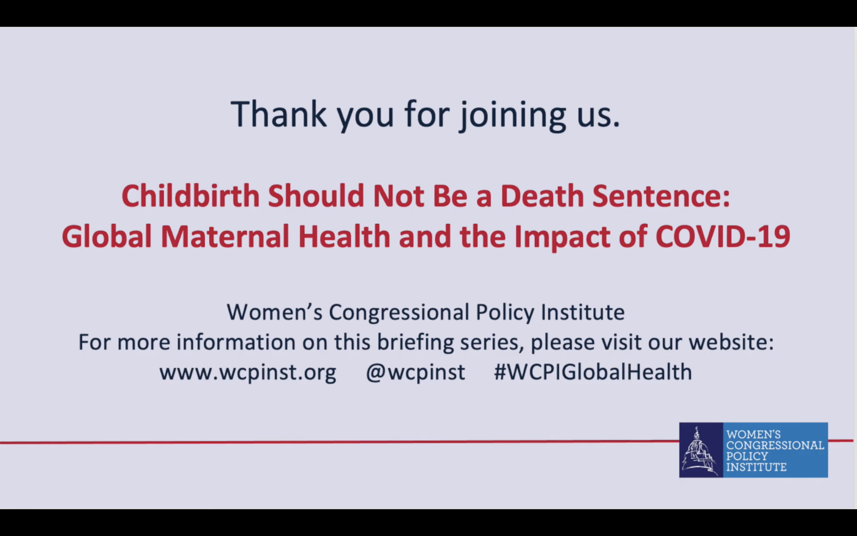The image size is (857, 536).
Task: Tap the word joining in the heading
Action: coord(513,115)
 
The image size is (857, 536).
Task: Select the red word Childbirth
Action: coord(190,196)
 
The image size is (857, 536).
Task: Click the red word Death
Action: coord(542,196)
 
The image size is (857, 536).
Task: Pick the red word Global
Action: coord(107,236)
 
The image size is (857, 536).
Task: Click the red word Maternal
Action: coord(225,236)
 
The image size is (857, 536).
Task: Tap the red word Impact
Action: coord(562,237)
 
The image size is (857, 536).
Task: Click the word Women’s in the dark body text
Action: coord(274,312)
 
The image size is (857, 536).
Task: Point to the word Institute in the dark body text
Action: coord(583,312)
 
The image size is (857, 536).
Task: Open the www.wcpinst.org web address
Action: coord(248,372)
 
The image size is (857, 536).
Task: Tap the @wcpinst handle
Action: coord(416,372)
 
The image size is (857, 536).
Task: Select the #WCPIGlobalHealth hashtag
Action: coord(593,371)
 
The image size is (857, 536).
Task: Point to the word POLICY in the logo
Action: coord(747,456)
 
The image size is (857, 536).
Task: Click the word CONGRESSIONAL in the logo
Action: coord(775,445)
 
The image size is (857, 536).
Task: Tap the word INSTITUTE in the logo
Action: coord(756,467)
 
